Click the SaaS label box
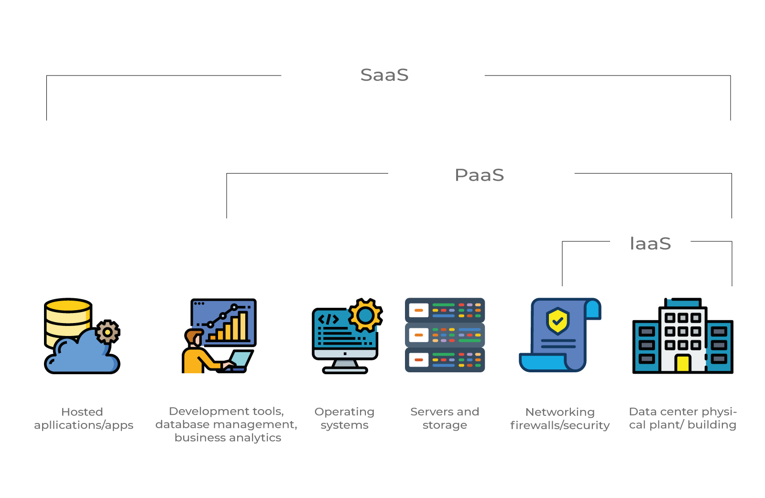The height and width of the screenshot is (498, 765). tap(382, 76)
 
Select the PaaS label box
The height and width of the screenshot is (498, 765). tap(481, 173)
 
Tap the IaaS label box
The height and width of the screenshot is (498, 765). tap(650, 240)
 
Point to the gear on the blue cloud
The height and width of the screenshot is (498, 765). tap(108, 332)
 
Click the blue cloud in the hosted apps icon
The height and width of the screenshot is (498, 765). tap(81, 354)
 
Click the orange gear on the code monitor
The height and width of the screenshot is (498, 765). tap(365, 315)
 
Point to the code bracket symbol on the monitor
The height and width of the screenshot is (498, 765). tap(328, 319)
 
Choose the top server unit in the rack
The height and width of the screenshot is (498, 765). tap(445, 310)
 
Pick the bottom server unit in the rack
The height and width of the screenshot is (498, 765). tap(445, 360)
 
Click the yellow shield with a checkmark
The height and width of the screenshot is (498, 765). tap(557, 321)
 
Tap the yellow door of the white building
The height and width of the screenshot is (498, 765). tap(682, 363)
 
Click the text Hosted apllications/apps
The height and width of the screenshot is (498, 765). tap(83, 419)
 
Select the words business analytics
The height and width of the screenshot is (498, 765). tap(228, 438)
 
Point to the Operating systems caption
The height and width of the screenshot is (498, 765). tap(344, 419)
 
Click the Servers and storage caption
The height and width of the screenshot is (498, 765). tap(445, 419)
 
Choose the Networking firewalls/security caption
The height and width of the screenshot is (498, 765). tap(560, 419)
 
